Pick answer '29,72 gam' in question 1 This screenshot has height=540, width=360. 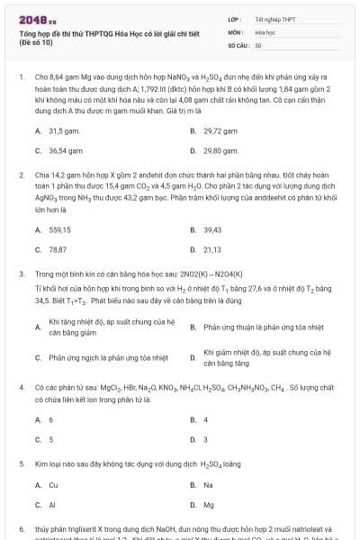pyautogui.click(x=220, y=130)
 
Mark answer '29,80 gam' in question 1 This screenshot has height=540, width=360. pyautogui.click(x=220, y=151)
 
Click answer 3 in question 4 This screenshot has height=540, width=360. pyautogui.click(x=206, y=439)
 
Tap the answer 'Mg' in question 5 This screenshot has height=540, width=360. pyautogui.click(x=209, y=505)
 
